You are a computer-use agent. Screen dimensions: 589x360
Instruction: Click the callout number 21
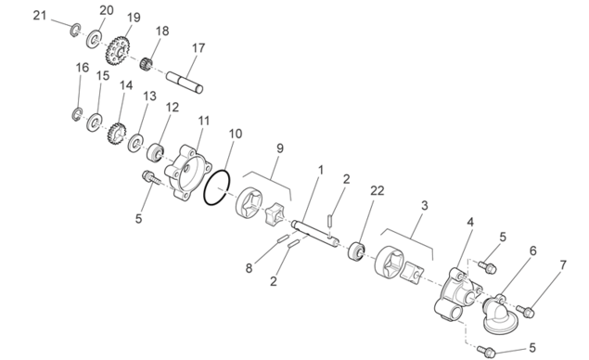40,16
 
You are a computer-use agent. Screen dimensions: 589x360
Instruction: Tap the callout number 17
198,48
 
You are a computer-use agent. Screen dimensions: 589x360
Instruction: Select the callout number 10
236,134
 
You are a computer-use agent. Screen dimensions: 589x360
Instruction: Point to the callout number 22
378,191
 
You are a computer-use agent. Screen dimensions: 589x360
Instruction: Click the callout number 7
563,265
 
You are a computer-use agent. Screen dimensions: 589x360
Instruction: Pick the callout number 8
249,268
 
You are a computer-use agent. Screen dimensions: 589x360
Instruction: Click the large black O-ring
217,187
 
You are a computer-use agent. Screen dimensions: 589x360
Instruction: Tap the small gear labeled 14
117,134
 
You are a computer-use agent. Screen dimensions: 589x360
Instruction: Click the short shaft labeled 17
185,82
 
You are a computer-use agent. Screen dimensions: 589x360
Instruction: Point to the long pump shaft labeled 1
315,236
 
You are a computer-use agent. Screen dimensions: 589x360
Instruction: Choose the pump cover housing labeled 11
187,172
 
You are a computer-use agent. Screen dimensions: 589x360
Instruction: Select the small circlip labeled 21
75,30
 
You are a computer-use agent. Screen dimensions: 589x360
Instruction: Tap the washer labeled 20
94,39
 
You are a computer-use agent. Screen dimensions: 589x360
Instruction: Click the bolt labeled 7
526,311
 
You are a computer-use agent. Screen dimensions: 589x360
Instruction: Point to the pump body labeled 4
457,295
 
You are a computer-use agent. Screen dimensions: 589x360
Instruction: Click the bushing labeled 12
155,152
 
